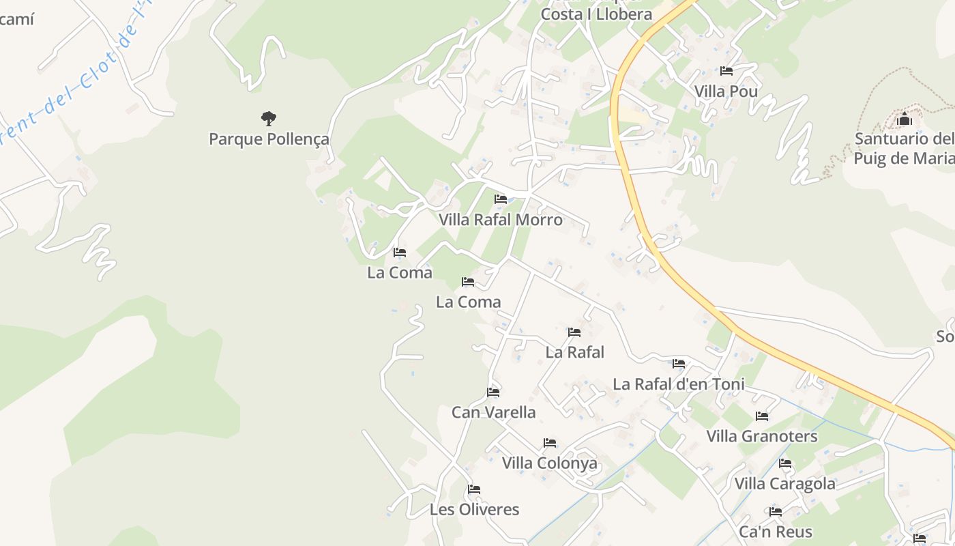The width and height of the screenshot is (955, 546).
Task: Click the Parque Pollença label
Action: (x=269, y=139)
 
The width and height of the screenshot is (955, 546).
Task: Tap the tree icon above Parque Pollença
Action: (x=269, y=119)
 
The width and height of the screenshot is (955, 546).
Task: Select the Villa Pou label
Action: (x=726, y=91)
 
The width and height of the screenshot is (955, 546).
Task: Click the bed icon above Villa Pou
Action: (x=726, y=71)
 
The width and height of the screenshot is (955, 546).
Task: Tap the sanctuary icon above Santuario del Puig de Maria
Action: (x=905, y=119)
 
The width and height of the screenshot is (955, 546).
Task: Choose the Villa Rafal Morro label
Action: (x=501, y=220)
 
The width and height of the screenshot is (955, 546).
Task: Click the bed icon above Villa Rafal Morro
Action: (x=501, y=199)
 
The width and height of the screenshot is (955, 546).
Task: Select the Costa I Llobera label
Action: (x=596, y=14)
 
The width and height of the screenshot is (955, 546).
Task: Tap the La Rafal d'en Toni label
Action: (x=679, y=384)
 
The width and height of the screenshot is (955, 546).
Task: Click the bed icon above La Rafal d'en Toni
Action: (x=679, y=364)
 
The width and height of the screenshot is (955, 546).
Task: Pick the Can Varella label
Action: (x=493, y=412)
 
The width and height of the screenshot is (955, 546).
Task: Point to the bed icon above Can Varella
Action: (x=493, y=392)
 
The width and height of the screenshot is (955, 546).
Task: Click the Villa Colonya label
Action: (x=549, y=463)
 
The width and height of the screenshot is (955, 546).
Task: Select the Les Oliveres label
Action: (x=474, y=510)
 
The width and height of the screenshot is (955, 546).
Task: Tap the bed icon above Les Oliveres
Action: (x=474, y=489)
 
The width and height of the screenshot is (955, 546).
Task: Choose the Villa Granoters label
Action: (x=762, y=436)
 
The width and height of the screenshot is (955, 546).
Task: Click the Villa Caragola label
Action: (x=784, y=484)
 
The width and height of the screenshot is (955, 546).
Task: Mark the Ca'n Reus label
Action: (x=776, y=532)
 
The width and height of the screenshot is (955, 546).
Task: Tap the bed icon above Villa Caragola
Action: (x=785, y=464)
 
